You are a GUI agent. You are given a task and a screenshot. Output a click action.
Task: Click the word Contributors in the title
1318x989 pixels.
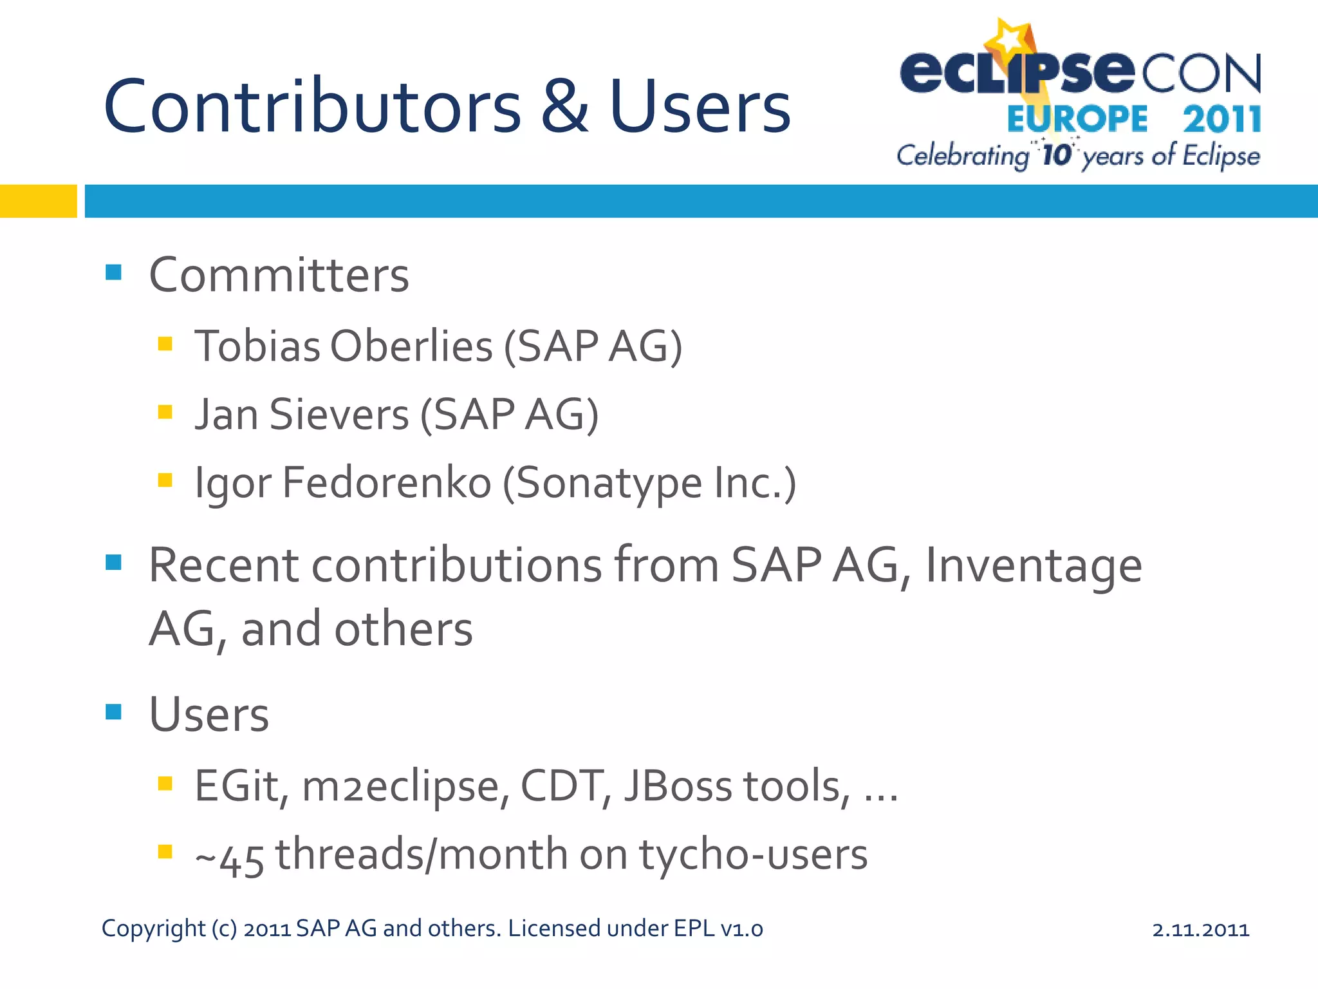click(312, 107)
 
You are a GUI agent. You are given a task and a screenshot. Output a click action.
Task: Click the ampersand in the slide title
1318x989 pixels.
click(564, 107)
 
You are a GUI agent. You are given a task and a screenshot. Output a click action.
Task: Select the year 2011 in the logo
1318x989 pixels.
click(1221, 120)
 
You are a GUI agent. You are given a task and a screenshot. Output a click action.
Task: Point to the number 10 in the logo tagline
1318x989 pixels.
click(1056, 155)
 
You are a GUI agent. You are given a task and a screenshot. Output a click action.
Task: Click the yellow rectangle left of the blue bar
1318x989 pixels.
click(38, 201)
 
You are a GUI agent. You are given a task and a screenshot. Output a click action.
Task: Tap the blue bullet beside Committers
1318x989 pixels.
click(113, 272)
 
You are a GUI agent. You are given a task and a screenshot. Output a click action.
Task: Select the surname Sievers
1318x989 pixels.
click(339, 415)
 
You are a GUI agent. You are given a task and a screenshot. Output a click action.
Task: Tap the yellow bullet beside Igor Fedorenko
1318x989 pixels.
click(165, 480)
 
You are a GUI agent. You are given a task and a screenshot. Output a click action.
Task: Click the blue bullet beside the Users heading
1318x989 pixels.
click(113, 711)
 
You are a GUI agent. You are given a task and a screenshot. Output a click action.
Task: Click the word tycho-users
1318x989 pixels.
click(753, 856)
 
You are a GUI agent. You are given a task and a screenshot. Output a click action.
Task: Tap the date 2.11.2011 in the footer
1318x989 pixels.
click(1200, 930)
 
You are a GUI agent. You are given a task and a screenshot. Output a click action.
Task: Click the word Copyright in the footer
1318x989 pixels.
click(153, 929)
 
